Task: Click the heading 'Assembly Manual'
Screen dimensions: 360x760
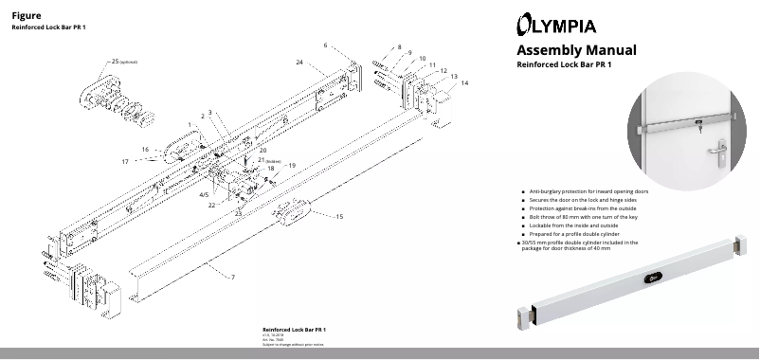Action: (575, 49)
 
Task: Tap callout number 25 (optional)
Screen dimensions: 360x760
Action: (116, 61)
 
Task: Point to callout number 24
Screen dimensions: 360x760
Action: (299, 62)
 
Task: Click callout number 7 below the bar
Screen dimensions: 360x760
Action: (233, 276)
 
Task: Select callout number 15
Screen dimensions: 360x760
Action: (339, 217)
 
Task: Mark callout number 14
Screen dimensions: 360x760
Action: (464, 83)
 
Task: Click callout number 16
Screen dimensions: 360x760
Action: (145, 149)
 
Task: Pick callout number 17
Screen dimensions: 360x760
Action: (125, 161)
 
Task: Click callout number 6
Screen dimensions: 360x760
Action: (325, 45)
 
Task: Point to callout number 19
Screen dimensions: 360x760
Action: (292, 166)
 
